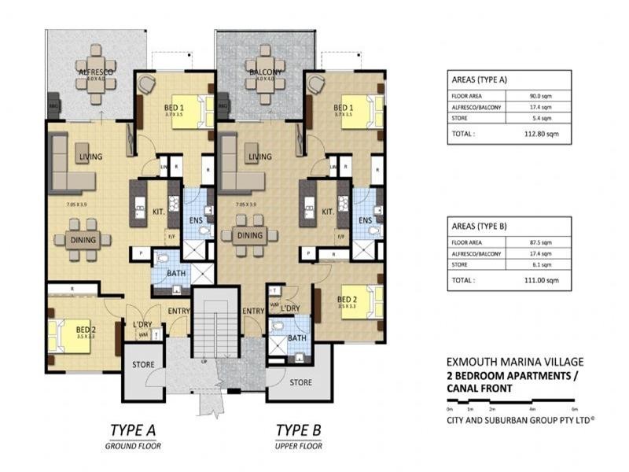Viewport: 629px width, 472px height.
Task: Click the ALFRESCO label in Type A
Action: [x=96, y=72]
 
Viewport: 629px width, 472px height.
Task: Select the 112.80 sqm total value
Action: [x=542, y=134]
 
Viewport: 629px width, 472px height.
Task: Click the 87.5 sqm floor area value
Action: [x=542, y=244]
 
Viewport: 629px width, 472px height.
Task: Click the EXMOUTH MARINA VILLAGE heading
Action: [x=515, y=362]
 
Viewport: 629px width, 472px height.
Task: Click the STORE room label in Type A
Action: [x=142, y=363]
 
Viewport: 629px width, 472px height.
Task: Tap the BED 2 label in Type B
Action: [x=348, y=299]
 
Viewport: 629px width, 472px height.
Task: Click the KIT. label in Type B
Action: [x=329, y=212]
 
